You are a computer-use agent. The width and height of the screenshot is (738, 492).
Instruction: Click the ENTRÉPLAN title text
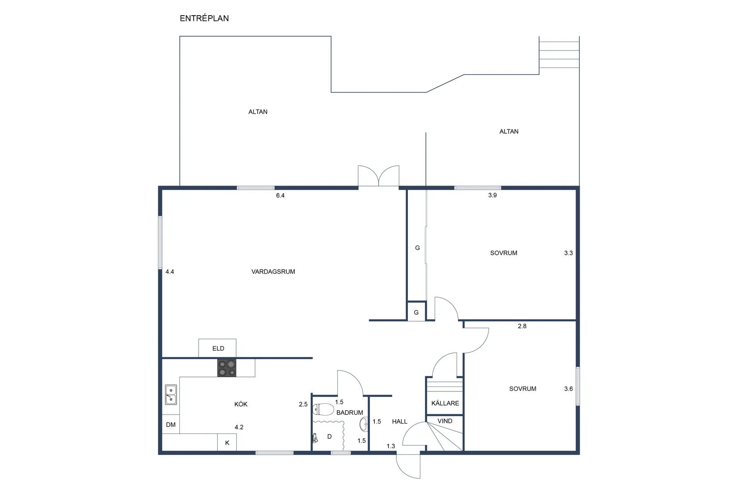204,18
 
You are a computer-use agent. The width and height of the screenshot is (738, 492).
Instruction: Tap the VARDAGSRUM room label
273,271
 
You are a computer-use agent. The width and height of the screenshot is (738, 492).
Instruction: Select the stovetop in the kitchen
227,368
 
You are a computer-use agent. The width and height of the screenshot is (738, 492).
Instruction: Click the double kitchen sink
171,394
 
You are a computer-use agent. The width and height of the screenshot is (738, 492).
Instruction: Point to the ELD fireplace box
217,348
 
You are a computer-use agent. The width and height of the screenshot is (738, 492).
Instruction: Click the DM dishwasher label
171,424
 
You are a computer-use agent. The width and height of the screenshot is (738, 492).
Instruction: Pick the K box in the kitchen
227,442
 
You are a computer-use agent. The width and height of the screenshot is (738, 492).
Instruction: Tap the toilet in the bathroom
323,409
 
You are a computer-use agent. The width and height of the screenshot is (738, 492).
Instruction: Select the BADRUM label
350,412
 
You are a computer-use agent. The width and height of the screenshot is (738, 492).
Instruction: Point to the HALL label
400,421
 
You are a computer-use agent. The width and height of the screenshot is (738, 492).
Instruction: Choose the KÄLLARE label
445,403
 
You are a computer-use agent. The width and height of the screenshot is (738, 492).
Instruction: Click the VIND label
445,421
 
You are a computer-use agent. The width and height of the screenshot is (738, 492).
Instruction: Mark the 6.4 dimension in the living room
280,195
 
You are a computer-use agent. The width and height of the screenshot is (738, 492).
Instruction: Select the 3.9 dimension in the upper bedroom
492,195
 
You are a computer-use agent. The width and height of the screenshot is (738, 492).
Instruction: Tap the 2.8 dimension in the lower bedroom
522,326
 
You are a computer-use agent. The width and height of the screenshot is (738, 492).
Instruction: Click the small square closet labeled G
416,311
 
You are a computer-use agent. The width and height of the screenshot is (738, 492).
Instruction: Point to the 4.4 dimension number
170,271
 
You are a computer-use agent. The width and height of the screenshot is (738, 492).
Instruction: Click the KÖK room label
241,404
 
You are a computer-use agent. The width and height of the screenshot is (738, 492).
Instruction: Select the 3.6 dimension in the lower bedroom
568,389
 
